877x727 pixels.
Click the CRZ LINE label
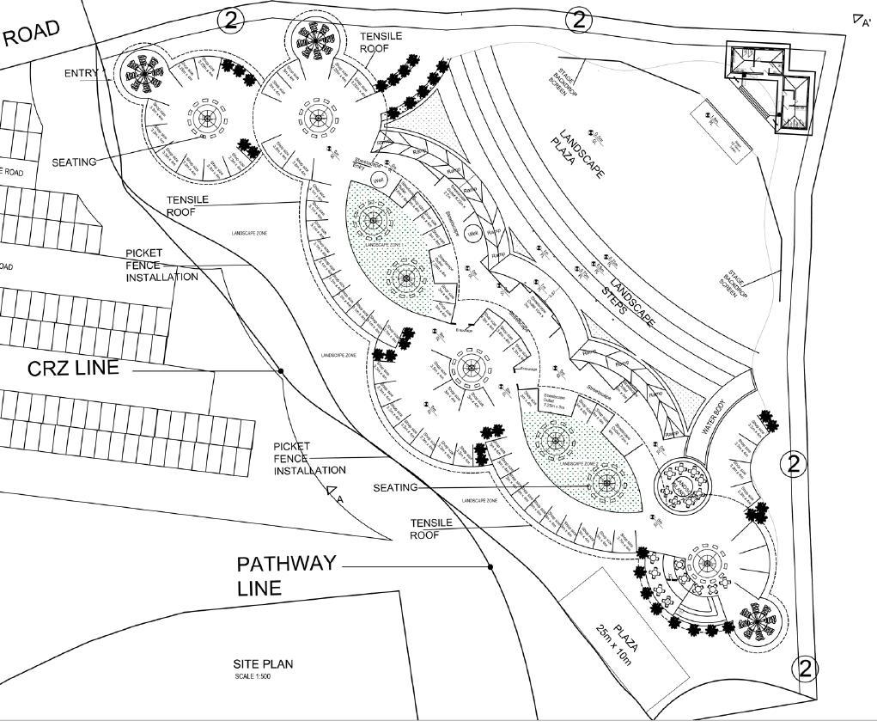pyautogui.click(x=73, y=369)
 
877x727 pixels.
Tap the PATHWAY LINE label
pyautogui.click(x=285, y=576)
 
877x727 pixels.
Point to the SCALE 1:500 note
pyautogui.click(x=254, y=676)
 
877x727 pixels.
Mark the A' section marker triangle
pyautogui.click(x=857, y=19)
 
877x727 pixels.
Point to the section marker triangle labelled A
pyautogui.click(x=332, y=492)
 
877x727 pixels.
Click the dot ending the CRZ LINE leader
pyautogui.click(x=281, y=371)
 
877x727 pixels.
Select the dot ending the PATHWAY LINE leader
pyautogui.click(x=490, y=567)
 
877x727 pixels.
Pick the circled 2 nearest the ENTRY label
pyautogui.click(x=229, y=19)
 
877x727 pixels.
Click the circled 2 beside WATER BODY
pyautogui.click(x=793, y=464)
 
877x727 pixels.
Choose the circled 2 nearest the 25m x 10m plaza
pyautogui.click(x=805, y=668)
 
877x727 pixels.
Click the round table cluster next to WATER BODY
pyautogui.click(x=683, y=484)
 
